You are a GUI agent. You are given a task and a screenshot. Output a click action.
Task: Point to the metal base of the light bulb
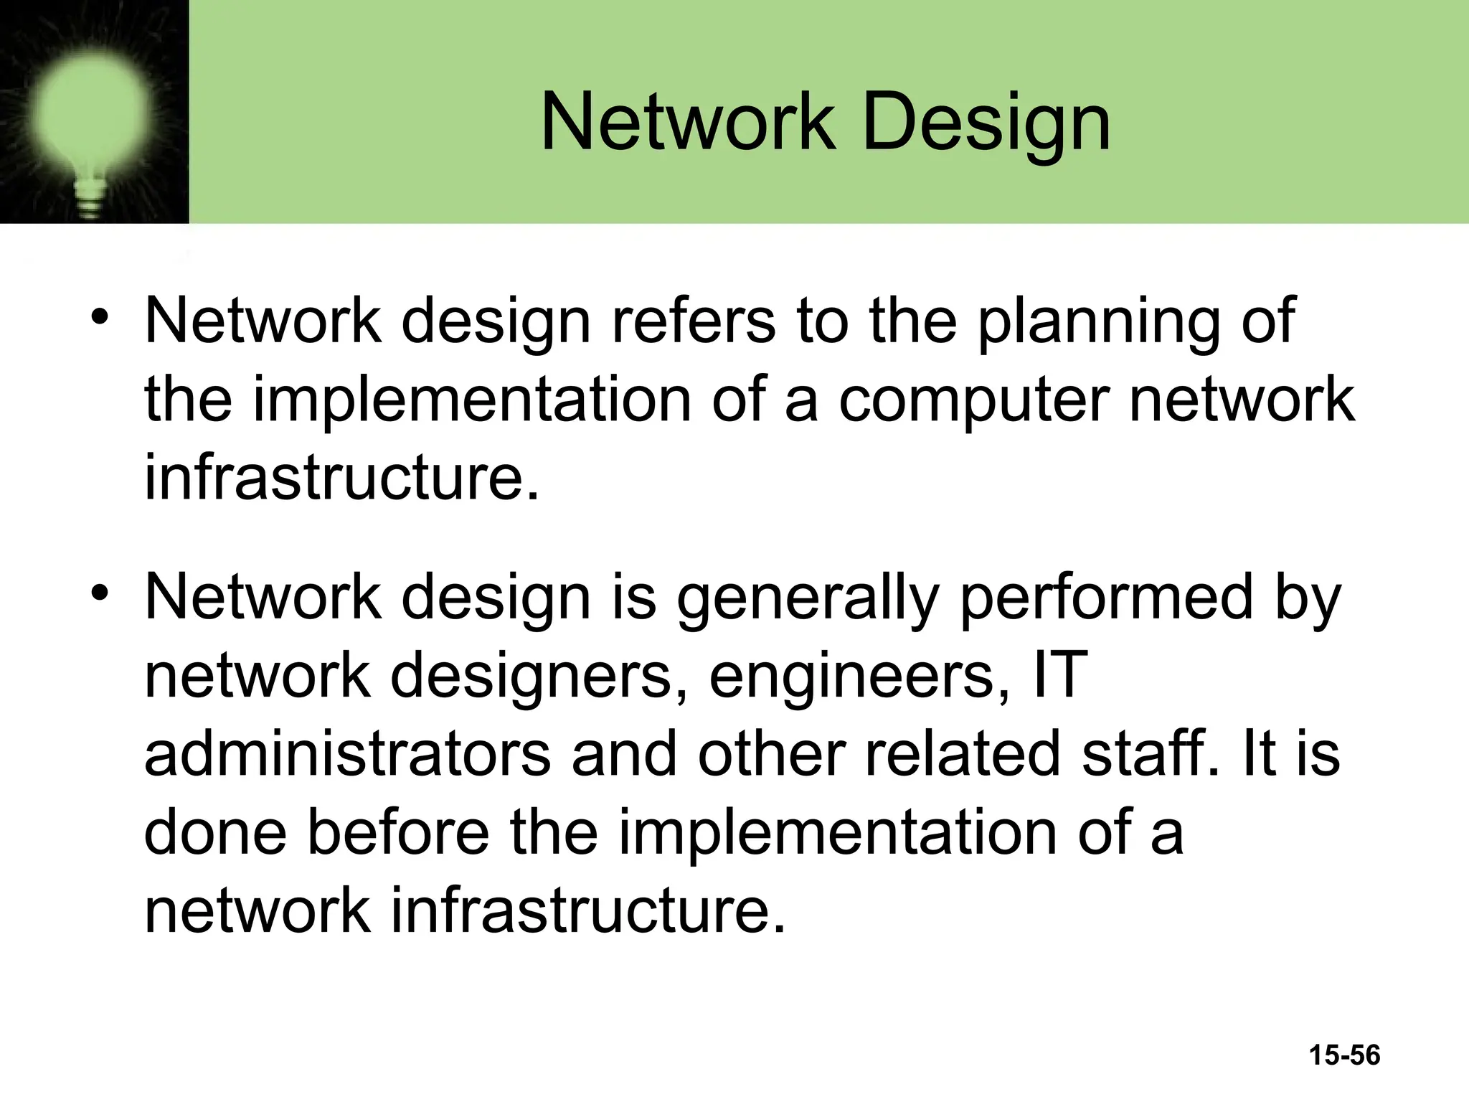91,197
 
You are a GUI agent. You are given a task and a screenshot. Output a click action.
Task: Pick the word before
398,832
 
